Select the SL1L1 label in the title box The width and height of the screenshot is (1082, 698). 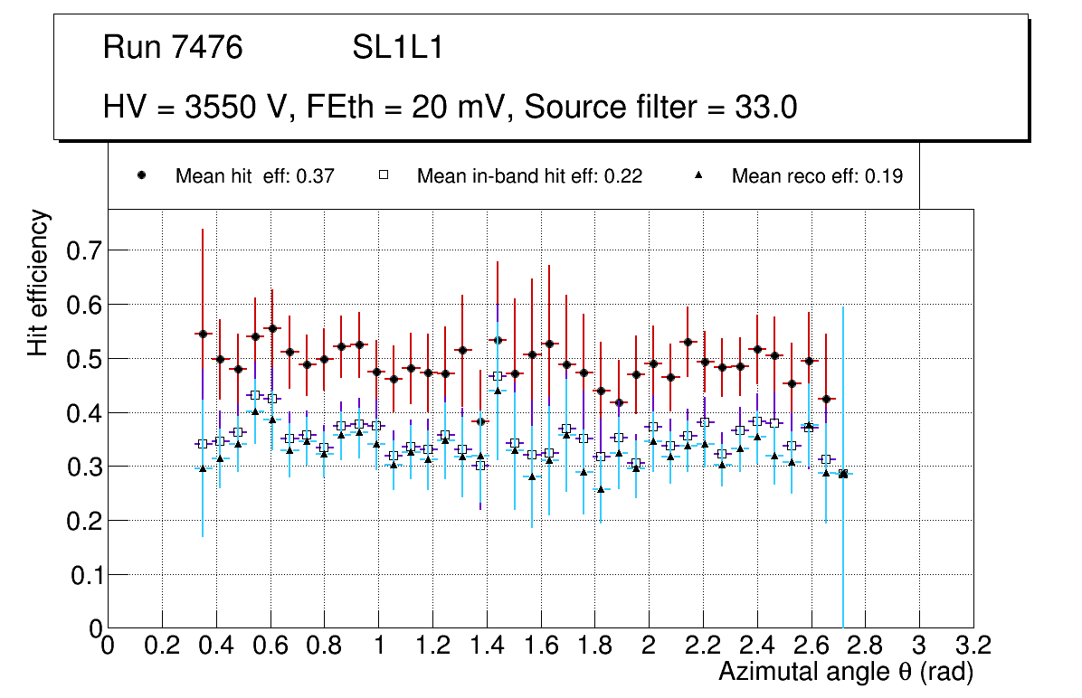click(x=398, y=48)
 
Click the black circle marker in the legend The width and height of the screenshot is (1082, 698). click(x=141, y=175)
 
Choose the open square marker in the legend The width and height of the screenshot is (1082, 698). click(x=383, y=175)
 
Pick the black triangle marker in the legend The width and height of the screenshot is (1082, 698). click(x=698, y=175)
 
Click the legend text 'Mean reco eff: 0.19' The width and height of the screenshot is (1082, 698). click(x=817, y=176)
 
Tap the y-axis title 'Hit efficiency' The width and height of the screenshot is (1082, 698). click(x=38, y=283)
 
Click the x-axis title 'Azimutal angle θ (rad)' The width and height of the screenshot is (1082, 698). click(x=846, y=672)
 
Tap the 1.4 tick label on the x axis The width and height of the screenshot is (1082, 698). click(x=487, y=646)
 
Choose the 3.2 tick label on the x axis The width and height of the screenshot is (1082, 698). click(x=973, y=646)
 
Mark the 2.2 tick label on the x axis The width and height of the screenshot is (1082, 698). click(x=703, y=646)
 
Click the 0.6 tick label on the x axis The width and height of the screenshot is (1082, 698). click(x=270, y=646)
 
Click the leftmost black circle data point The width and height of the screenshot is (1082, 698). click(x=203, y=334)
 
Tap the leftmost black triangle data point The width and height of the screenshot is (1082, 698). click(x=203, y=468)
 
